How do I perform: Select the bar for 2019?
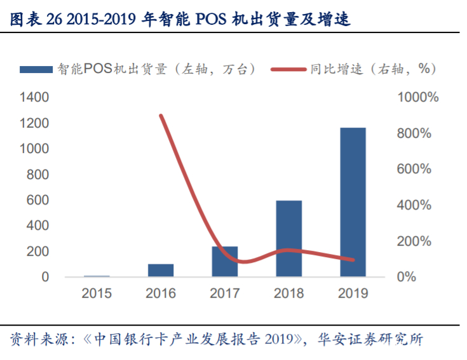point(353,202)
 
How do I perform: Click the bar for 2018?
point(288,239)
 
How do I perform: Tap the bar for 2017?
point(224,262)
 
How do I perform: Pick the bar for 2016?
point(161,270)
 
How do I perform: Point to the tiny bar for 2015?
point(97,276)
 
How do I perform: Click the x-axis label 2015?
point(97,294)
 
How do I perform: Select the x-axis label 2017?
point(224,294)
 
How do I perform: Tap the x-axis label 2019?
point(353,294)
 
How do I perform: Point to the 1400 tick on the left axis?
point(34,98)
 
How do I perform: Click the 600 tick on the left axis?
point(37,200)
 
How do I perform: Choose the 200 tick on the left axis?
point(37,251)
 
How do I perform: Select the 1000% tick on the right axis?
point(417,98)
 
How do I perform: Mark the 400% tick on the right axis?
point(415,206)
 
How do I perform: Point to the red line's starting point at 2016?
point(161,116)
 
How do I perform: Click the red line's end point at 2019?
point(353,260)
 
